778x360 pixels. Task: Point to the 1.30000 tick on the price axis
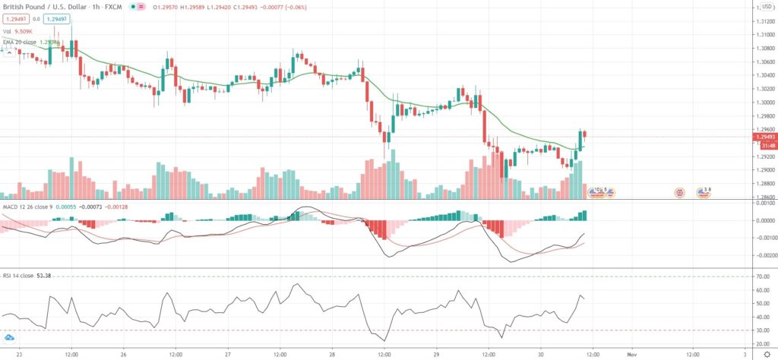coord(760,103)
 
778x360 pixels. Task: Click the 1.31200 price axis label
coord(760,21)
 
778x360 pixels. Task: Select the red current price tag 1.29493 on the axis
coord(760,137)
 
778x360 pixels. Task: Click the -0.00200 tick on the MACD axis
coord(760,256)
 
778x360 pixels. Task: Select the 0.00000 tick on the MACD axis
coord(760,221)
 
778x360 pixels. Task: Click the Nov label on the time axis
coord(631,354)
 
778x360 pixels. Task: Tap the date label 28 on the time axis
coord(333,354)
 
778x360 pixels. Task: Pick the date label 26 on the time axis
coord(122,354)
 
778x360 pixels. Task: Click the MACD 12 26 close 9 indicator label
coord(29,207)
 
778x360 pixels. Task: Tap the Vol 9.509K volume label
coord(16,31)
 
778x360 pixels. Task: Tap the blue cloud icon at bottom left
coord(10,337)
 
